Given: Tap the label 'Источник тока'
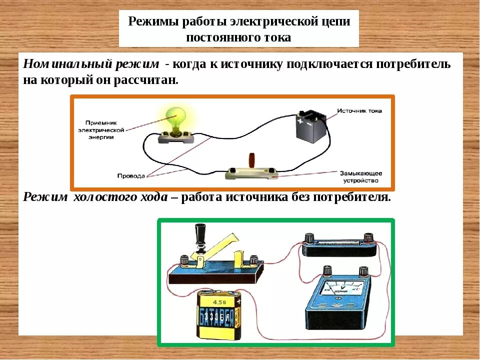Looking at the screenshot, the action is point(359,110).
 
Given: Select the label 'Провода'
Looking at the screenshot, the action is point(131,175).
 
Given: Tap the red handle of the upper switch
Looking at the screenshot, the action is point(252,161).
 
